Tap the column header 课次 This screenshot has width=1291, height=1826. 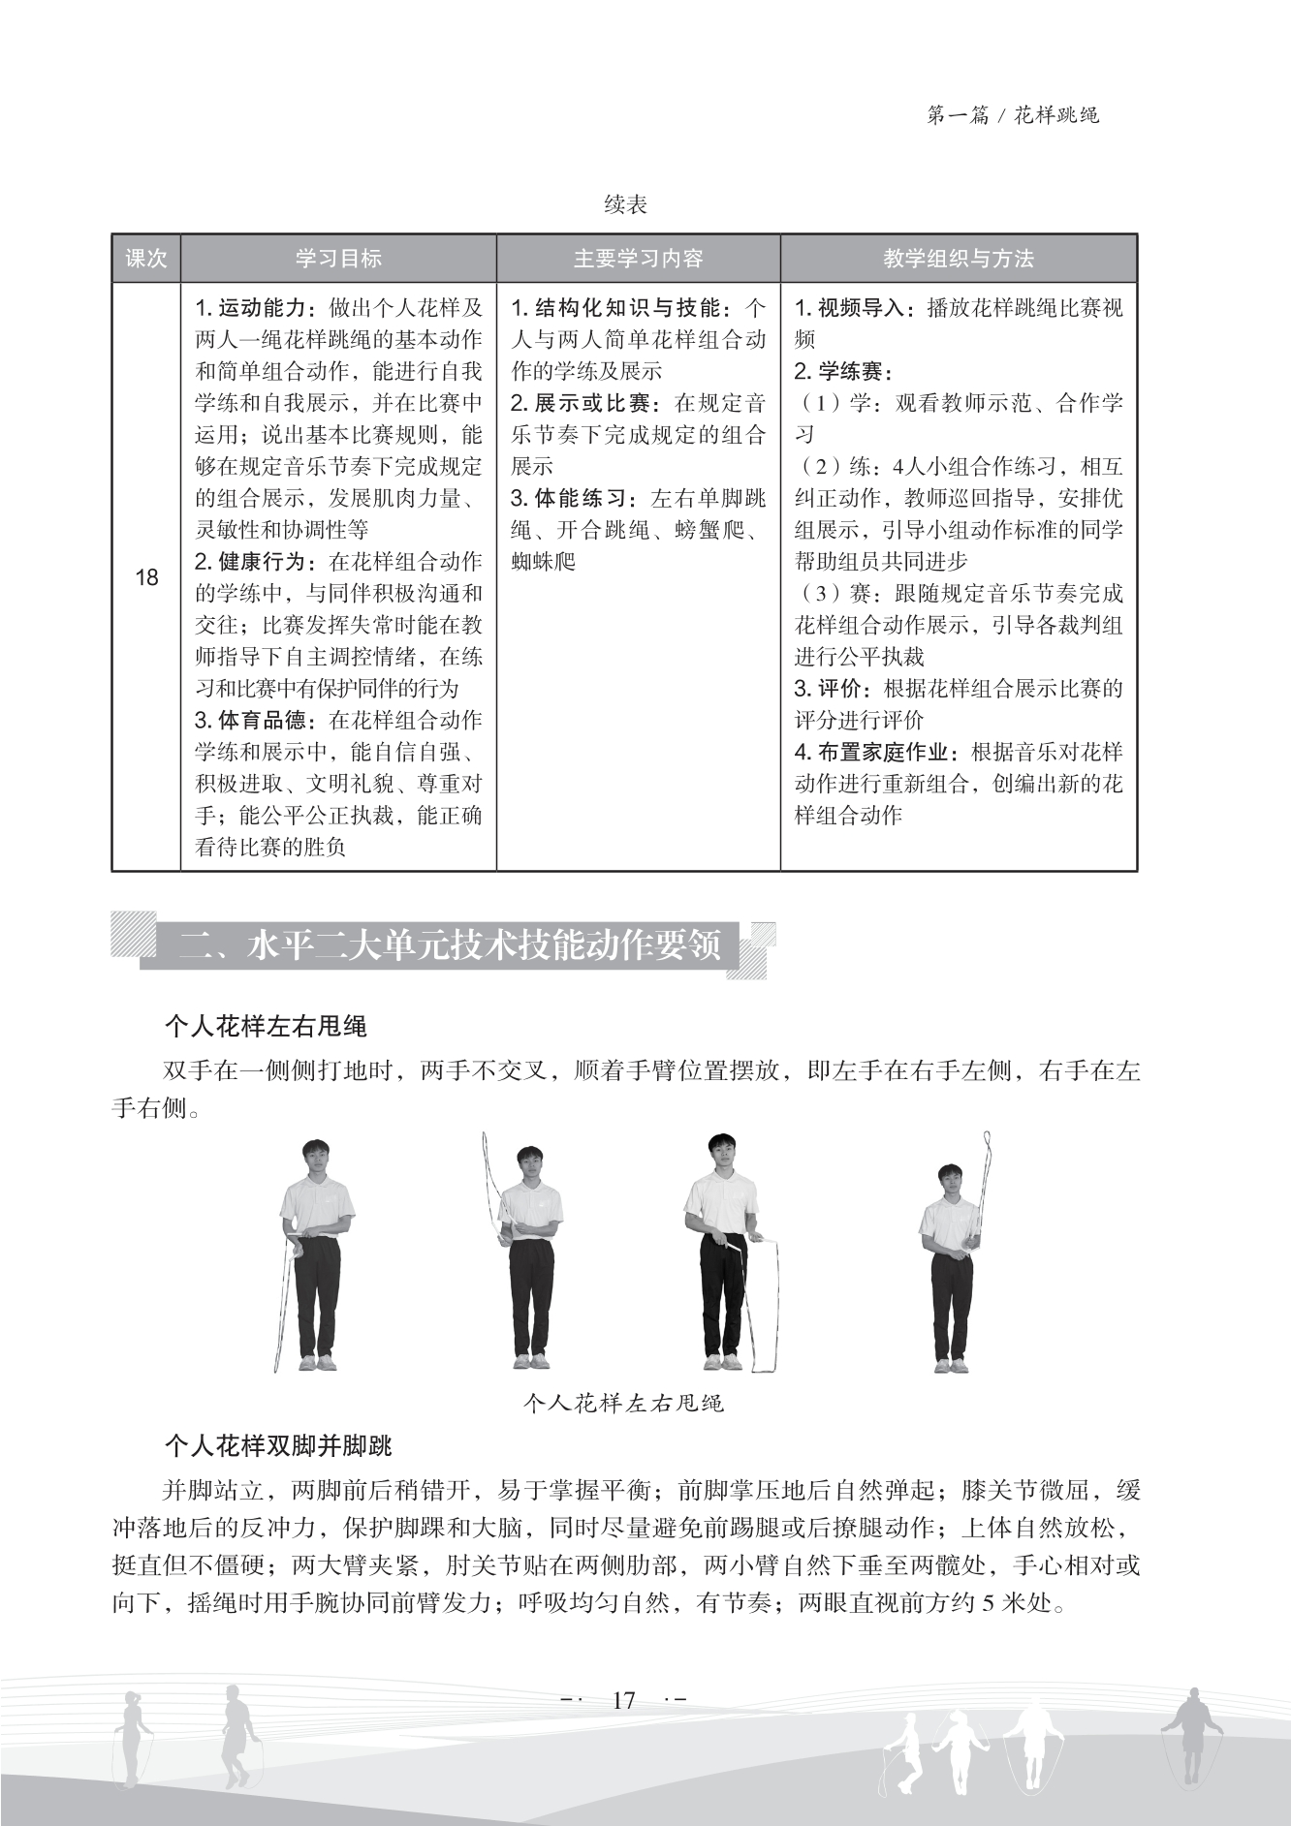[146, 259]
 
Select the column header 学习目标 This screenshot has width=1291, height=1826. [338, 259]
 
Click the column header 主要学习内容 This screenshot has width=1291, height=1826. [638, 259]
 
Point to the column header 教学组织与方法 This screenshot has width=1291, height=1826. [958, 259]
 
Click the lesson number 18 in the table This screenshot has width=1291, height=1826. [146, 578]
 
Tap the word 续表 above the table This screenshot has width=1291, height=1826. [625, 205]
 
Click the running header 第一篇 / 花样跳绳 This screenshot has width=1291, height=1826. [1013, 115]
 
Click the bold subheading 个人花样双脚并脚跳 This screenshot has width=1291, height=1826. [278, 1446]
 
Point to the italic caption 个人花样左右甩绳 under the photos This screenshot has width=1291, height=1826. [623, 1403]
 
